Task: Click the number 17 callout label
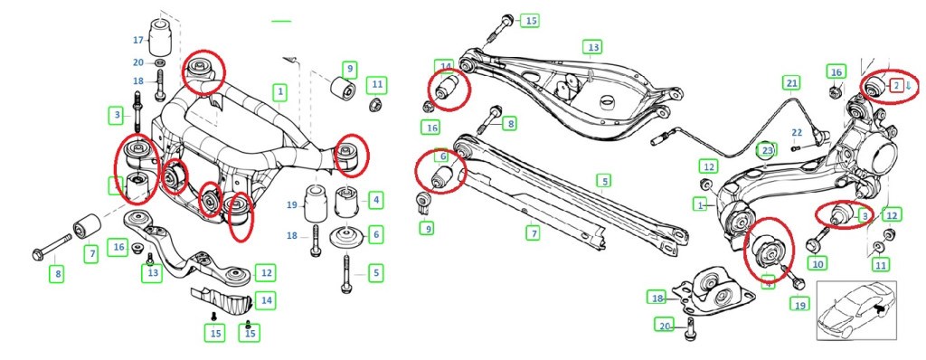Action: pos(138,40)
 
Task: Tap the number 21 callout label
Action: pos(791,83)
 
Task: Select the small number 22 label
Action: pos(797,133)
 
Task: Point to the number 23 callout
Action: pos(767,150)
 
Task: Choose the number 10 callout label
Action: pos(817,264)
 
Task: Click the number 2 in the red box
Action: pos(895,86)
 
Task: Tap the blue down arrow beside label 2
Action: pos(908,87)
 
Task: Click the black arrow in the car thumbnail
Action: pos(878,309)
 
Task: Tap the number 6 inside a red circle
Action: pos(443,156)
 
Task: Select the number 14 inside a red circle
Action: pos(445,66)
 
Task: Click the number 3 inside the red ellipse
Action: pos(864,216)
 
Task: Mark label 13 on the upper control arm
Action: pos(591,45)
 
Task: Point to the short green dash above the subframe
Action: pos(282,20)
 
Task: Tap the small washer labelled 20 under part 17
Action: pos(159,62)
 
